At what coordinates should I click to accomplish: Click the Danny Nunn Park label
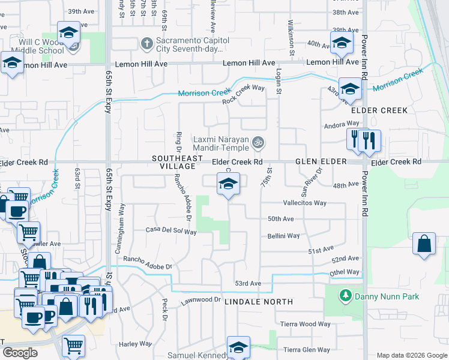pyautogui.click(x=386, y=296)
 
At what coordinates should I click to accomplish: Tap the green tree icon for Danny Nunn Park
pyautogui.click(x=345, y=296)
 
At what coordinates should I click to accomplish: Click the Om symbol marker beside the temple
pyautogui.click(x=259, y=143)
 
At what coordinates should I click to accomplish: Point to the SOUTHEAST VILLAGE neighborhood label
pyautogui.click(x=174, y=162)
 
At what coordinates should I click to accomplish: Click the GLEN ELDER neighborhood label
pyautogui.click(x=321, y=162)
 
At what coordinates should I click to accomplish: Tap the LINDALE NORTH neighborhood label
pyautogui.click(x=259, y=302)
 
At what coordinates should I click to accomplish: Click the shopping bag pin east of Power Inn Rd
pyautogui.click(x=424, y=244)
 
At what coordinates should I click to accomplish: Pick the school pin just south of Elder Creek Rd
pyautogui.click(x=228, y=184)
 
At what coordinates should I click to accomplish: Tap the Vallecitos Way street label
pyautogui.click(x=304, y=203)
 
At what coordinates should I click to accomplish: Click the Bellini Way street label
pyautogui.click(x=283, y=236)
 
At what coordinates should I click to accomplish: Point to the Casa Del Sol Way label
pyautogui.click(x=171, y=230)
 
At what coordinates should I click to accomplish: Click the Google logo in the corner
pyautogui.click(x=19, y=353)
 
